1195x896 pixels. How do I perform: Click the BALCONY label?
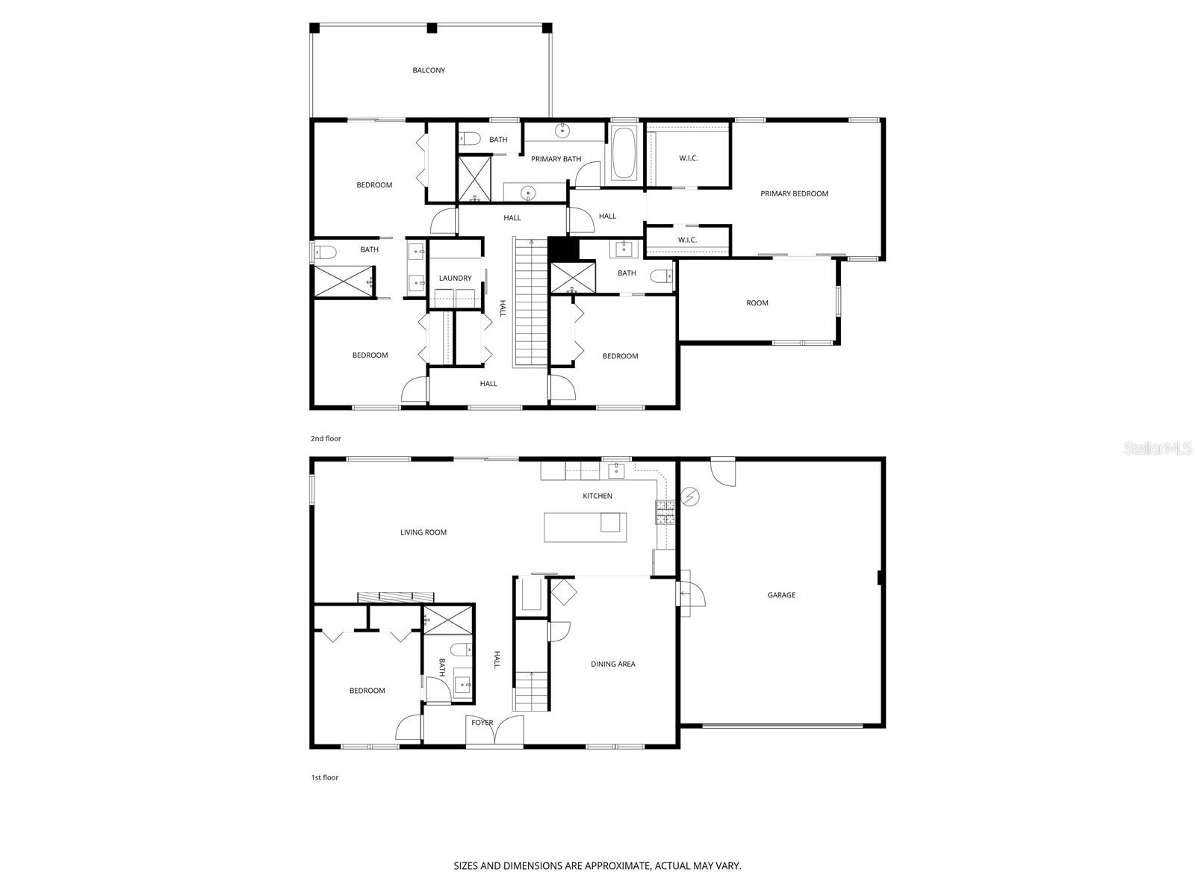point(429,70)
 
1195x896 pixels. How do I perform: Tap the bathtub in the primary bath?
point(624,153)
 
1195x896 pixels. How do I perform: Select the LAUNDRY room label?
point(455,279)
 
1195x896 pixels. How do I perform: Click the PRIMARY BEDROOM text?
point(794,193)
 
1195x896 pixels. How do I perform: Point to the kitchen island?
point(585,526)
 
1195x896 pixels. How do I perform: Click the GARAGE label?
point(781,595)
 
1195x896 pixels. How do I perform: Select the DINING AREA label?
point(612,664)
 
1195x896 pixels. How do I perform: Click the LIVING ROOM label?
point(423,532)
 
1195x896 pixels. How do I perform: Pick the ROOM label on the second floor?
point(757,303)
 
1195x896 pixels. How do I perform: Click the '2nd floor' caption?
point(326,438)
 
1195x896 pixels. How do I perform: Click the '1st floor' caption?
point(324,777)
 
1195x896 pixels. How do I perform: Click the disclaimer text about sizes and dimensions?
point(597,866)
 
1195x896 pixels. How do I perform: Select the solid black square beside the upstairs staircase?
point(563,248)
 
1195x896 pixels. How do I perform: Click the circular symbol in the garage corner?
point(691,496)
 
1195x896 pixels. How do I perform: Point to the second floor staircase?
point(530,302)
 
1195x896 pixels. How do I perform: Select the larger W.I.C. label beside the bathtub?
point(688,158)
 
